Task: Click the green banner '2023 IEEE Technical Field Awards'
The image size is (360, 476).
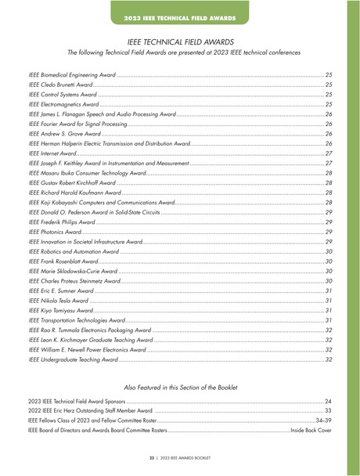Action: [x=180, y=16]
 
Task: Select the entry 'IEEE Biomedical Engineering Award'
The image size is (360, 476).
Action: [x=72, y=74]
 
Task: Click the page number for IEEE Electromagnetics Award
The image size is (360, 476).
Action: [x=329, y=104]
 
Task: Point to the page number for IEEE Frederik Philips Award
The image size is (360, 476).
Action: [x=329, y=222]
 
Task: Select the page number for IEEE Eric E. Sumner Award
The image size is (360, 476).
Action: [x=329, y=291]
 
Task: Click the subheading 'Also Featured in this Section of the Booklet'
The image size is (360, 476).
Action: [x=180, y=388]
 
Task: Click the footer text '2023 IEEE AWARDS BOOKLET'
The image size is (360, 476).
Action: [x=187, y=456]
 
